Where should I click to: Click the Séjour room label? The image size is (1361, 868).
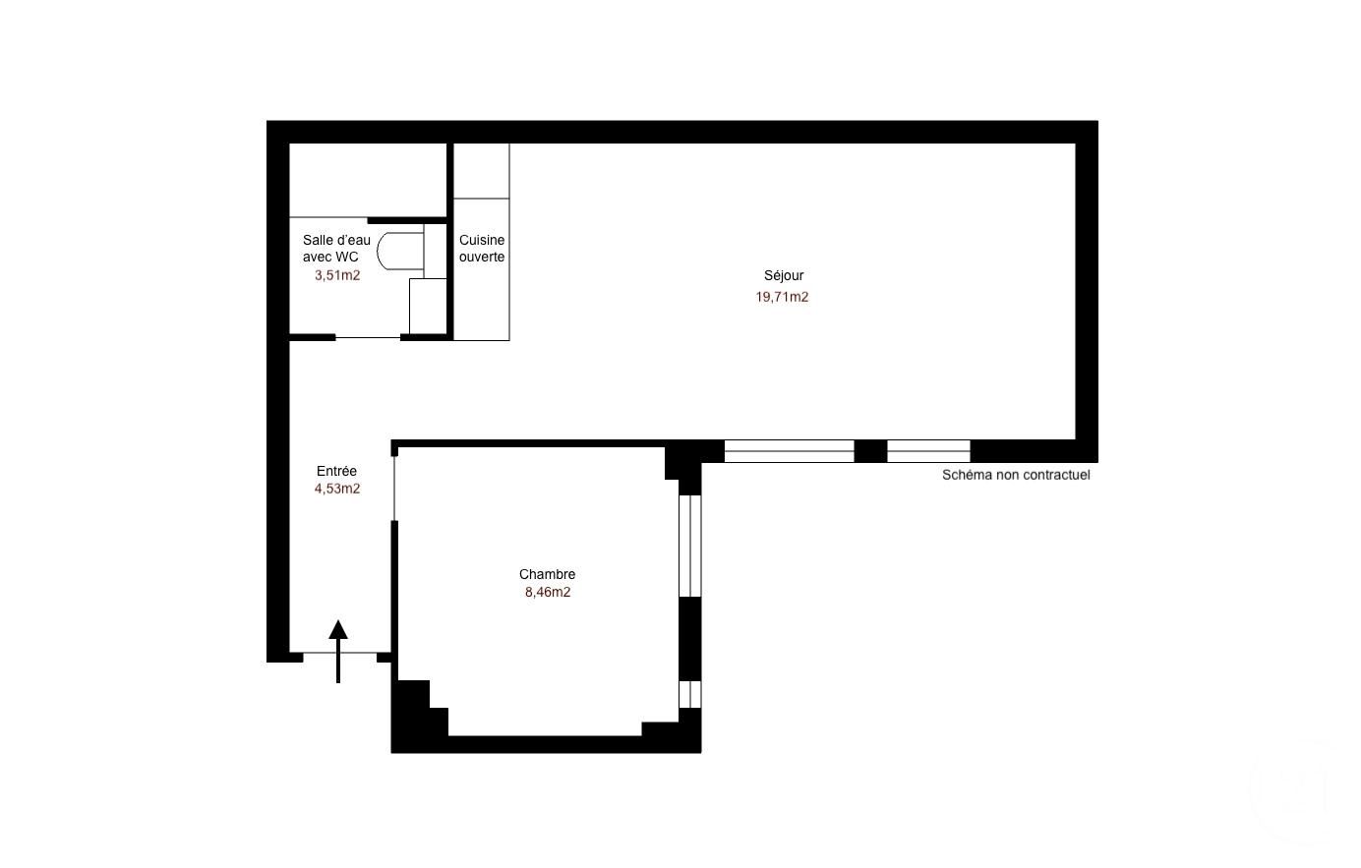point(783,276)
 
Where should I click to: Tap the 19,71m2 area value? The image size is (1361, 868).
point(782,297)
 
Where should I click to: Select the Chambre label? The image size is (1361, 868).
point(547,574)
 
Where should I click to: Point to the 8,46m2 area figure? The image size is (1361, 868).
point(548,592)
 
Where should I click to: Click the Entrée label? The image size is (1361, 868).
point(336,471)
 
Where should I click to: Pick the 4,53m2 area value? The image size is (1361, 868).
point(337,489)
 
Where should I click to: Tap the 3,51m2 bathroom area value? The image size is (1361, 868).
point(337,276)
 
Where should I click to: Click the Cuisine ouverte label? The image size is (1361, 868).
point(482,249)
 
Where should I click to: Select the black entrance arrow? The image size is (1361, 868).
point(338,652)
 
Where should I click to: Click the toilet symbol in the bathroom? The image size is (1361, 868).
point(400,251)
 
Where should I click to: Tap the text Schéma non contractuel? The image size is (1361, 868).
point(1016,475)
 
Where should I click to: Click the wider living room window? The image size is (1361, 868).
point(790,451)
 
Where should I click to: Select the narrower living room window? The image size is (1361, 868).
point(928,451)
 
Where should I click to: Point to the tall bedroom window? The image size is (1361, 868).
point(689,547)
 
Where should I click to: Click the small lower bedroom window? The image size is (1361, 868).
point(689,694)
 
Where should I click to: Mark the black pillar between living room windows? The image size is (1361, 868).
point(870,451)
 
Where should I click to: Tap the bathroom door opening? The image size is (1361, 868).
point(368,338)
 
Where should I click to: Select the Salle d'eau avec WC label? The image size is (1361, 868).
point(336,249)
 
